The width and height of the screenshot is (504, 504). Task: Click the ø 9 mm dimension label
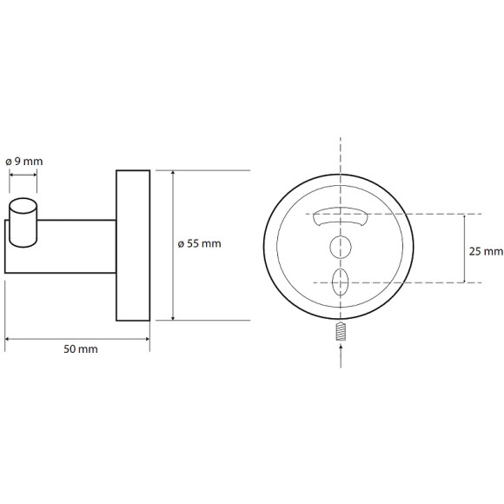(x=24, y=162)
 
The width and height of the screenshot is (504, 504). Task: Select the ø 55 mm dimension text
(x=199, y=243)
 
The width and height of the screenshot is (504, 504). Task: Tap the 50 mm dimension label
(x=81, y=349)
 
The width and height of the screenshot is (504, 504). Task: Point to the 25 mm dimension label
(x=486, y=251)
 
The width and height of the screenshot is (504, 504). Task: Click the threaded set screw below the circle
(x=341, y=332)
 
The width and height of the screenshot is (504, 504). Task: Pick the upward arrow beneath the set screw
(x=341, y=355)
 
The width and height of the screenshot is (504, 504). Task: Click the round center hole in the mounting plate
(x=341, y=247)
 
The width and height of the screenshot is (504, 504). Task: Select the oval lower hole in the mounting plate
(x=341, y=282)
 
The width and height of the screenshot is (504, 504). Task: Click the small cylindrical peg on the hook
(x=23, y=222)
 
